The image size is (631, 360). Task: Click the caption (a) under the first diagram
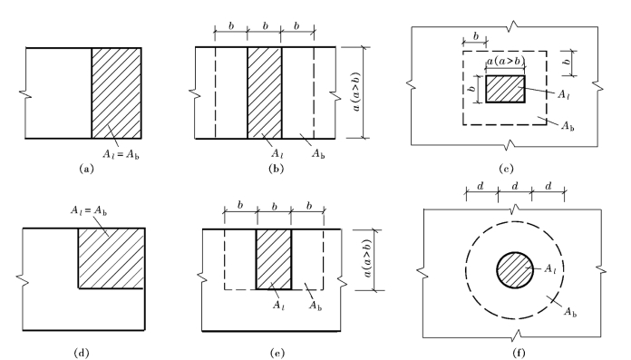coord(86,169)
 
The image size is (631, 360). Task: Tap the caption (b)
coord(276,169)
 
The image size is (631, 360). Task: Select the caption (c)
coord(506,169)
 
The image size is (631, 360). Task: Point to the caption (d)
coord(82,353)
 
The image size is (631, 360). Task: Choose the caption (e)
coord(277,353)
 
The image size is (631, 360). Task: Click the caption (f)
coord(519,353)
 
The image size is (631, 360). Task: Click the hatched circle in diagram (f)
coord(515,270)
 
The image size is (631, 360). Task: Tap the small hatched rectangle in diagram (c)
coord(506,89)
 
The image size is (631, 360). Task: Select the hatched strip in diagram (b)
coord(265,92)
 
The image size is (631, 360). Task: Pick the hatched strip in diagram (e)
coord(274,259)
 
